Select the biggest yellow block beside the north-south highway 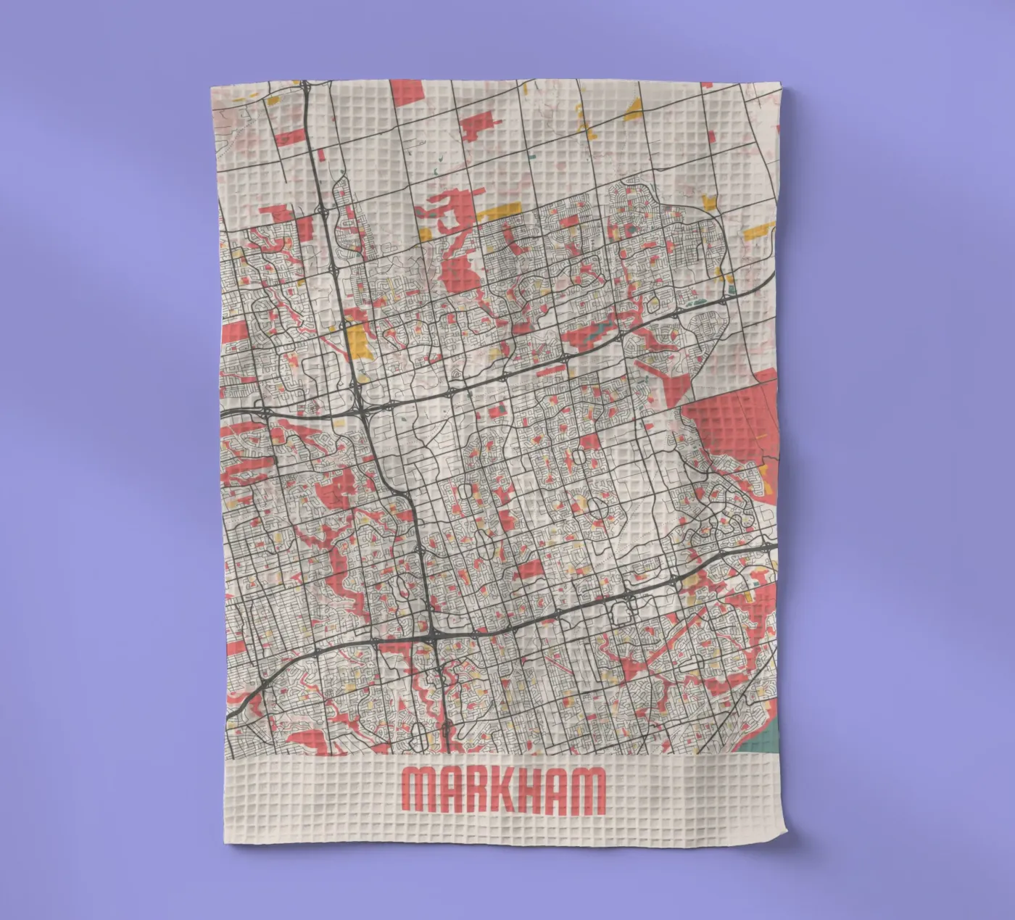(x=357, y=340)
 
